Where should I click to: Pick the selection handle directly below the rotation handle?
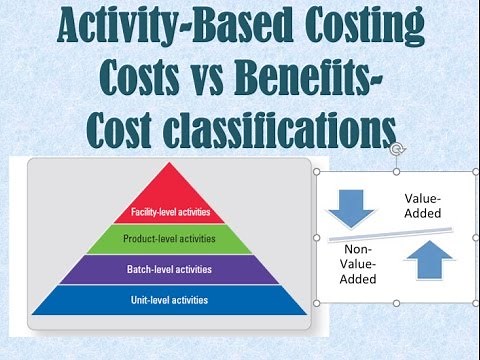click(x=397, y=171)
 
